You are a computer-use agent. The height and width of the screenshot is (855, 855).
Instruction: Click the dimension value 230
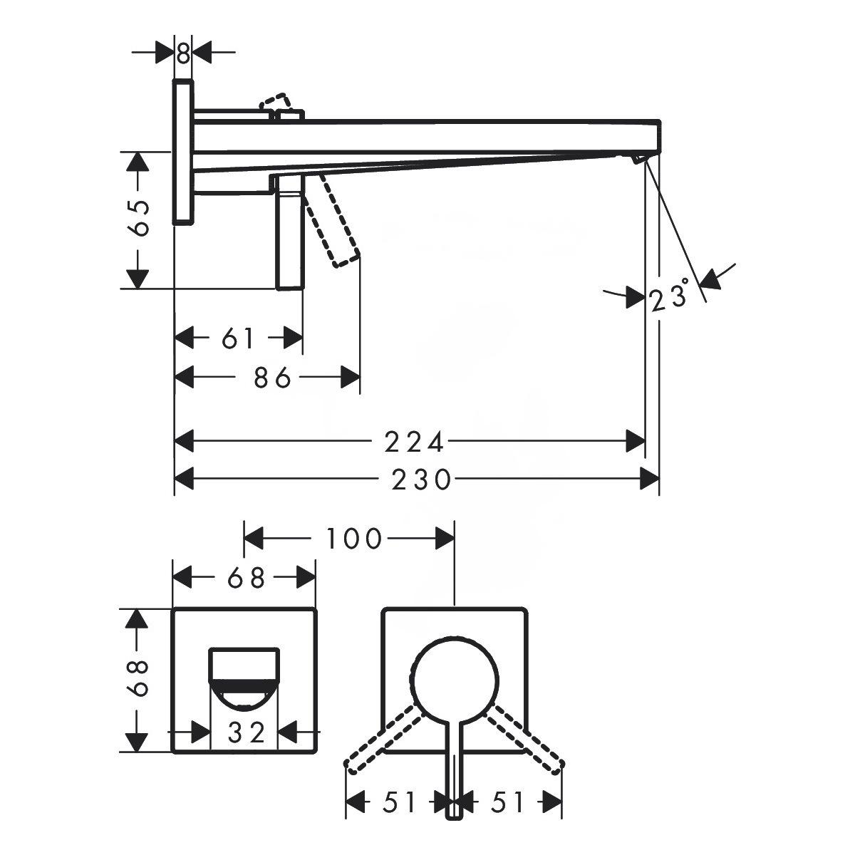coord(421,480)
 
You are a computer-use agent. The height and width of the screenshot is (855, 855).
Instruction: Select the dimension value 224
coord(414,442)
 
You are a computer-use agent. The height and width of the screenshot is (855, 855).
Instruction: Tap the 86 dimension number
coord(272,378)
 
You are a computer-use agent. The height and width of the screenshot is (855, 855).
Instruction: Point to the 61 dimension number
coord(238,338)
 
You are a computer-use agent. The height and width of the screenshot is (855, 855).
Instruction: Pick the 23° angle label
coord(669,294)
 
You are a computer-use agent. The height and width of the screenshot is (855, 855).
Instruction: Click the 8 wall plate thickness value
coord(183,54)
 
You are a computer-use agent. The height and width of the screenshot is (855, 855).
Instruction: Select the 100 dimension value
coord(353,539)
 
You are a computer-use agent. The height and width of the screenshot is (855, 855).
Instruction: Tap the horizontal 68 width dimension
coord(247,578)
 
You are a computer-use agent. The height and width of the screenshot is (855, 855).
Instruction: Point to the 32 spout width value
coord(247,732)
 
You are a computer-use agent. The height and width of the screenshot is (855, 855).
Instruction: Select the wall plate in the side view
coord(183,152)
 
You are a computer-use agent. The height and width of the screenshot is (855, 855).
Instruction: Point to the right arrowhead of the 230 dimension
coord(650,480)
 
